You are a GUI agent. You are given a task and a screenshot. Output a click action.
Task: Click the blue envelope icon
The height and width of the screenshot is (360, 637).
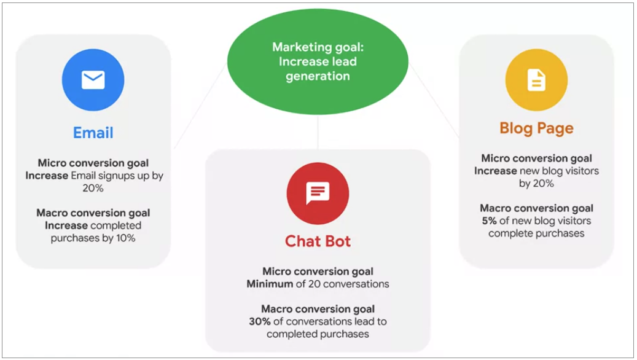93,80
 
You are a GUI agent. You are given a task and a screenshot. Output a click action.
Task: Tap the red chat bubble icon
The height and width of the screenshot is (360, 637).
318,194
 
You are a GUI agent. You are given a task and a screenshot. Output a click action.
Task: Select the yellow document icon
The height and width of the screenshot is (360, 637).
536,80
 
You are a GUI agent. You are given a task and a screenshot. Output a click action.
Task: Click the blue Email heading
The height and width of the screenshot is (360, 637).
93,133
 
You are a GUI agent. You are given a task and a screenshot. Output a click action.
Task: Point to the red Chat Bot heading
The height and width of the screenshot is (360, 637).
318,241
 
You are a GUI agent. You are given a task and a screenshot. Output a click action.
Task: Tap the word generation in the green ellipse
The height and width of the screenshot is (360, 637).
318,76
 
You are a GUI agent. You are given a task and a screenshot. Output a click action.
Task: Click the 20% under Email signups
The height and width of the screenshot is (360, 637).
93,188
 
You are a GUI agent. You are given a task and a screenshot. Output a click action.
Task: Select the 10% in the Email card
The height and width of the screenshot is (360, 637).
125,238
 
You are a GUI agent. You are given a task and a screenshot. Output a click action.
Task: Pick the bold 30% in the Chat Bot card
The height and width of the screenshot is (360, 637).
260,321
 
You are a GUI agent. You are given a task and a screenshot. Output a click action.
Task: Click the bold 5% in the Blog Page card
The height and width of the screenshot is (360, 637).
489,221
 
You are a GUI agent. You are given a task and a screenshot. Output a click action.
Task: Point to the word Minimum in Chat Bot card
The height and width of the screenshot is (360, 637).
270,284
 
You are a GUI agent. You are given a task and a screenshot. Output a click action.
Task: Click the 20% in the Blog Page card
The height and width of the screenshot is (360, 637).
544,184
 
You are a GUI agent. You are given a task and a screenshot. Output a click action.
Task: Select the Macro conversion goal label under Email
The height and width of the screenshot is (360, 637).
93,213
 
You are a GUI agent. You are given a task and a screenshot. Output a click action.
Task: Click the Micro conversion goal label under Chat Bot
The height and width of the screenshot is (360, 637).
318,271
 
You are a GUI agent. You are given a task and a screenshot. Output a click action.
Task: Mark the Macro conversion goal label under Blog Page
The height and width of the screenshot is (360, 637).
536,208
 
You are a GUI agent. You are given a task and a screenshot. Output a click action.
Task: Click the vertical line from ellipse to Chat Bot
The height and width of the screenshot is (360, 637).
318,132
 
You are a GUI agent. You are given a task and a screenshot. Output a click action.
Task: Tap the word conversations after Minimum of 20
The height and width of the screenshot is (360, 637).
356,284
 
